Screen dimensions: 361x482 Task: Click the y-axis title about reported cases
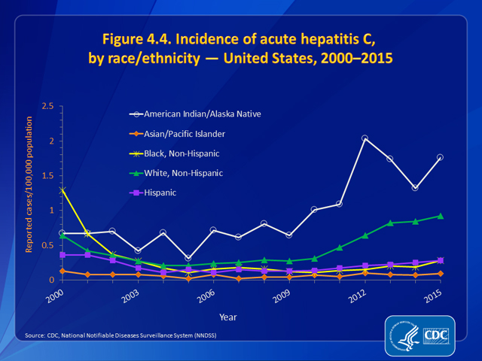click(31, 193)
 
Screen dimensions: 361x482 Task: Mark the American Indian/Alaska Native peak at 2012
click(365, 138)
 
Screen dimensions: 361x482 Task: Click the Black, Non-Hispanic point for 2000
click(63, 190)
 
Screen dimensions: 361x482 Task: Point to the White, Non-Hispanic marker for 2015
click(440, 216)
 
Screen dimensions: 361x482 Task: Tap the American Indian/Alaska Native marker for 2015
click(440, 157)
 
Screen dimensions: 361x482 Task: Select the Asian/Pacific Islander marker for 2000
click(63, 271)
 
